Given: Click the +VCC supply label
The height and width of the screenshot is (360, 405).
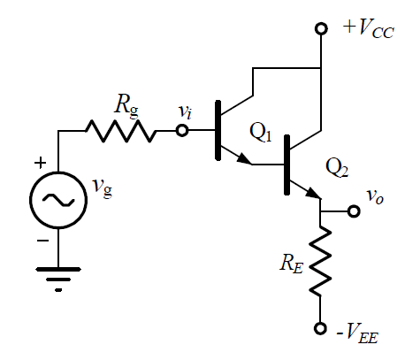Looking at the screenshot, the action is (x=369, y=28).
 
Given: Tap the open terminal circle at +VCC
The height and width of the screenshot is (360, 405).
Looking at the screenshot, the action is (x=321, y=29).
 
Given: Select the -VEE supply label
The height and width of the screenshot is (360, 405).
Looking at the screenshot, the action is (x=357, y=333).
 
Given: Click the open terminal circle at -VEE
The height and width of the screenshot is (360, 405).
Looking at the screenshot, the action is (x=320, y=328).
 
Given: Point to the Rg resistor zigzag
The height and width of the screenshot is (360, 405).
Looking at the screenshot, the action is (x=121, y=131).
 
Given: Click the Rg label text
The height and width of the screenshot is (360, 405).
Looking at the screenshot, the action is (x=126, y=105).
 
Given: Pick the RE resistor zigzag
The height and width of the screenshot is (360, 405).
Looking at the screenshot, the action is (x=320, y=261).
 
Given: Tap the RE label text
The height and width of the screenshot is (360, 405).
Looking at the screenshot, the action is (x=291, y=264).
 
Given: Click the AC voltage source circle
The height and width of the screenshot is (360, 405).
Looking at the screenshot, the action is (x=58, y=200).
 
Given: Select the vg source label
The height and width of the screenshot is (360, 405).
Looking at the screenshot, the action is (x=103, y=188).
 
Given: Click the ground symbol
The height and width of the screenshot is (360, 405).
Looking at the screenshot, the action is (x=58, y=279).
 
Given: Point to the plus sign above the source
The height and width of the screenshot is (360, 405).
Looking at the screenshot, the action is (x=41, y=163).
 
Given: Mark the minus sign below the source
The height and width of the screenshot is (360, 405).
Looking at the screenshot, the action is (x=42, y=241).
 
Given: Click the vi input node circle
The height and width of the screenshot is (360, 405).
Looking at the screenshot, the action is (x=182, y=130).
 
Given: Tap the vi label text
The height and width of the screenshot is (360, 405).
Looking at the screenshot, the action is (x=186, y=112).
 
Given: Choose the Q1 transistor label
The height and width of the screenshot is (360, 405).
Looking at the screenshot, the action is (x=260, y=132).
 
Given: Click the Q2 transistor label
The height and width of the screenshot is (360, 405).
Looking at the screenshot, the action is (x=337, y=168).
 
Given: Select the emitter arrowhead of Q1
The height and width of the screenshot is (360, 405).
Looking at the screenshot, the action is (x=244, y=159).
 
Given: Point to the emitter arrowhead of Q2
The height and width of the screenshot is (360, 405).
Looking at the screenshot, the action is (x=313, y=193).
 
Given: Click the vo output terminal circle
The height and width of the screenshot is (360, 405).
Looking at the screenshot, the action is (x=354, y=211).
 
